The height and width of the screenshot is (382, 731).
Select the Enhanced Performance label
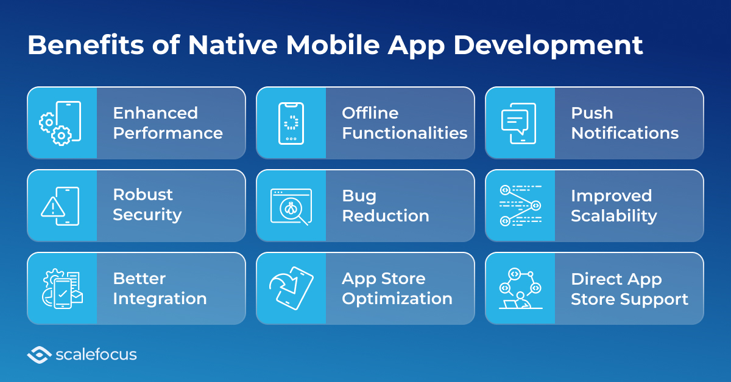[x=168, y=123]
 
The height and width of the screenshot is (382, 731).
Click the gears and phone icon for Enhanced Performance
[x=61, y=123]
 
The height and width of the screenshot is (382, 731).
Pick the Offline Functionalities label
[x=404, y=123]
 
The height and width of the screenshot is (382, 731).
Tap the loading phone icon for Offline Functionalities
[x=291, y=123]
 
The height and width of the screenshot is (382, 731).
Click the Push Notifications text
[x=624, y=123]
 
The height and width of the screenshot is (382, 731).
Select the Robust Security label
[x=147, y=205]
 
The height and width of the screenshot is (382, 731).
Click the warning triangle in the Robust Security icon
[x=53, y=209]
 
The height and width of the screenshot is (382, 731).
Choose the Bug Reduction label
[x=385, y=206]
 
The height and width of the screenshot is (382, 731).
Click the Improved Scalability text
[x=613, y=206]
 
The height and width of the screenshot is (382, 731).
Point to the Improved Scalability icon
[x=520, y=206]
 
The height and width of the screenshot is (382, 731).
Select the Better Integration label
[x=160, y=288]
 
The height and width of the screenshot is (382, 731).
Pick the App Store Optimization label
[x=397, y=288]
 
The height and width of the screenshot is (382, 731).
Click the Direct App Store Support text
[x=629, y=288]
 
